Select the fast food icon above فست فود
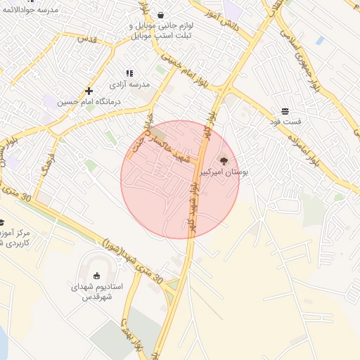285,112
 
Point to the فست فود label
285,122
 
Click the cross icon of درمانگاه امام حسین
89,91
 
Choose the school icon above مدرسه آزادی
129,73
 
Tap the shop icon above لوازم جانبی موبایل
161,14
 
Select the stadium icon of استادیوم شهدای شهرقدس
97,276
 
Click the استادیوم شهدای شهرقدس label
97,292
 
